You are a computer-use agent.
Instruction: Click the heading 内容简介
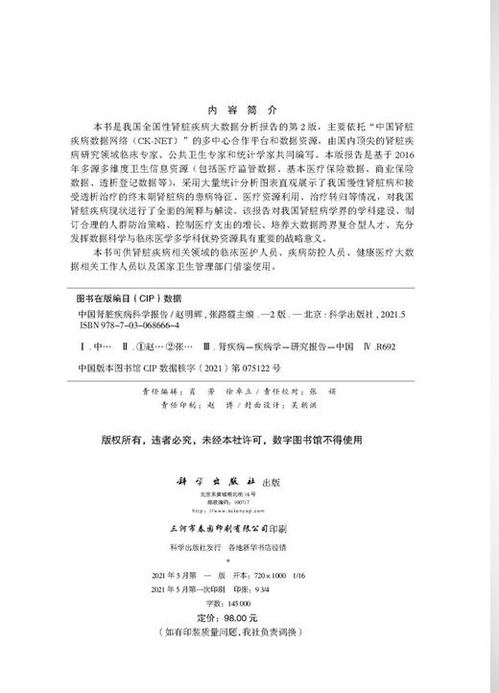[x=249, y=109]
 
